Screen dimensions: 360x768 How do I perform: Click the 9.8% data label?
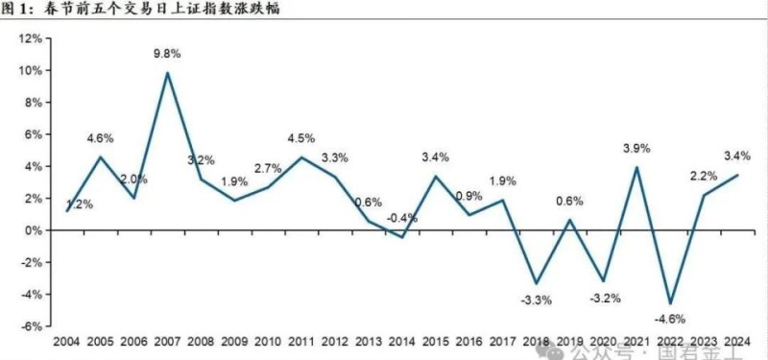click(168, 54)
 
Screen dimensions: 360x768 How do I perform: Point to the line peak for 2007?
click(168, 73)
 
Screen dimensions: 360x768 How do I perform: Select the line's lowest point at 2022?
click(669, 303)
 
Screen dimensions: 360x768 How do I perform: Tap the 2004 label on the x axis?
click(67, 342)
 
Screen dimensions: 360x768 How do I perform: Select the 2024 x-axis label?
click(736, 342)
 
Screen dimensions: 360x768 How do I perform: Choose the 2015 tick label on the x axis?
click(435, 342)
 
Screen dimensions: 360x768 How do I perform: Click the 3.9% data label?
click(636, 149)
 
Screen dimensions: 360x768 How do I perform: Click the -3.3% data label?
click(536, 300)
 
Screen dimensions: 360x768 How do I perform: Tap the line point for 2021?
click(636, 167)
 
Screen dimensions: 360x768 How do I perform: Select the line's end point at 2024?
click(736, 175)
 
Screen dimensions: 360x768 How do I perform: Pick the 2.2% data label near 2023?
click(703, 177)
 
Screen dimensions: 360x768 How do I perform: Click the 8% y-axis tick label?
click(32, 103)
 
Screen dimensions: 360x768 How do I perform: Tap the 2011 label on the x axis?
click(301, 342)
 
